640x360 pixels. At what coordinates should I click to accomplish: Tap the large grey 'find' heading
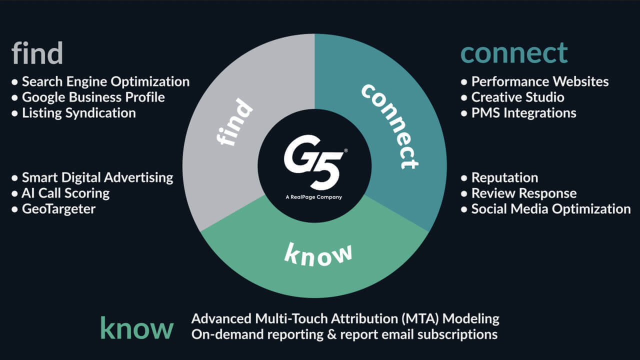coord(37,53)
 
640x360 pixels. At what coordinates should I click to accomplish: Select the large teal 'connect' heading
coord(514,53)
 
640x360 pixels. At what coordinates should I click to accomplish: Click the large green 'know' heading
coord(136,328)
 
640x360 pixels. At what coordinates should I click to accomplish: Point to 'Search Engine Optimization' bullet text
coord(105,81)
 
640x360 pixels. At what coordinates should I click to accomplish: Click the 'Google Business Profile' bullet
coord(93,97)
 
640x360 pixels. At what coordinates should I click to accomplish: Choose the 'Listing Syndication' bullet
coord(78,113)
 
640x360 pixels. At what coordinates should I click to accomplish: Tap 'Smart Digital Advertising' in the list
coord(97,177)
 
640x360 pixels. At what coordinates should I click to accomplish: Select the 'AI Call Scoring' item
coord(65,193)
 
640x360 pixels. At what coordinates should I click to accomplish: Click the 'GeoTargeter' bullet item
coord(58,208)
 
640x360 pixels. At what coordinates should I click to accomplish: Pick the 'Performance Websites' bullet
coord(540,81)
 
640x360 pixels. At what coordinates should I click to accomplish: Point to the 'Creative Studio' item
coord(517,97)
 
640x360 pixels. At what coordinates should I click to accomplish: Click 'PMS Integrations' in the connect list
coord(523,113)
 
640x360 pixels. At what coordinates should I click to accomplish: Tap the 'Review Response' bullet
coord(523,193)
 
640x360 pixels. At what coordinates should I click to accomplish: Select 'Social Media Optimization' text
coord(550,208)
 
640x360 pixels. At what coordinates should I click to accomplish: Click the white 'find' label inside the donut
coord(234,123)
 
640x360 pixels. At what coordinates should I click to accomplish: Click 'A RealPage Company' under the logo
coord(314,197)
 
